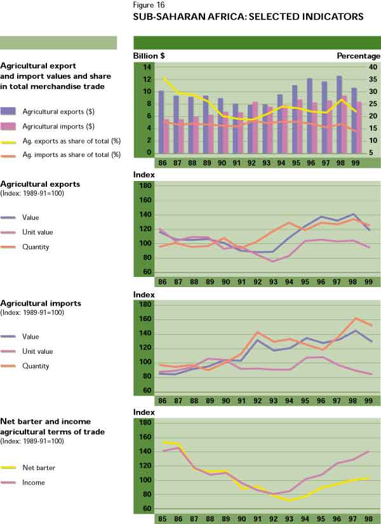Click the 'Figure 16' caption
point(149,6)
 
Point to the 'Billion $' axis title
point(149,56)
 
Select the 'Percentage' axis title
point(358,56)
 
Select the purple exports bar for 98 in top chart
point(340,116)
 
